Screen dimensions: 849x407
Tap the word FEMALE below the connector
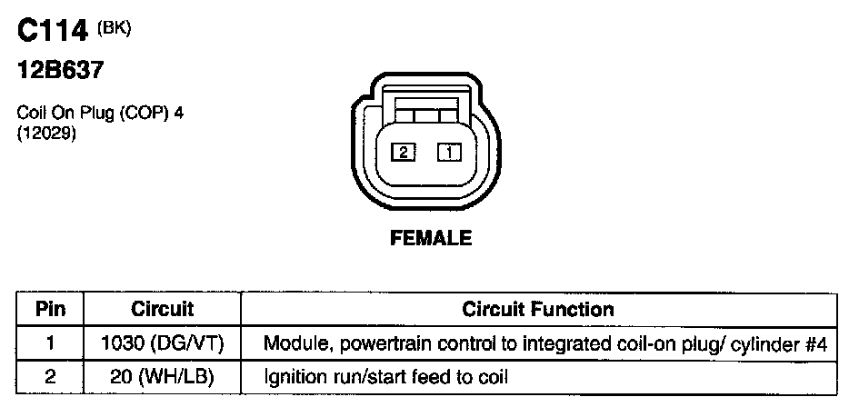click(431, 239)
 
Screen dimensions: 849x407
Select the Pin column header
click(50, 309)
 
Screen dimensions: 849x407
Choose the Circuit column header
click(163, 309)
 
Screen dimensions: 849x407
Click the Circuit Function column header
click(538, 309)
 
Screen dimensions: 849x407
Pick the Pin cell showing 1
click(50, 344)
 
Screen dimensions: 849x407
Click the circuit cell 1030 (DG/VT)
click(163, 344)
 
